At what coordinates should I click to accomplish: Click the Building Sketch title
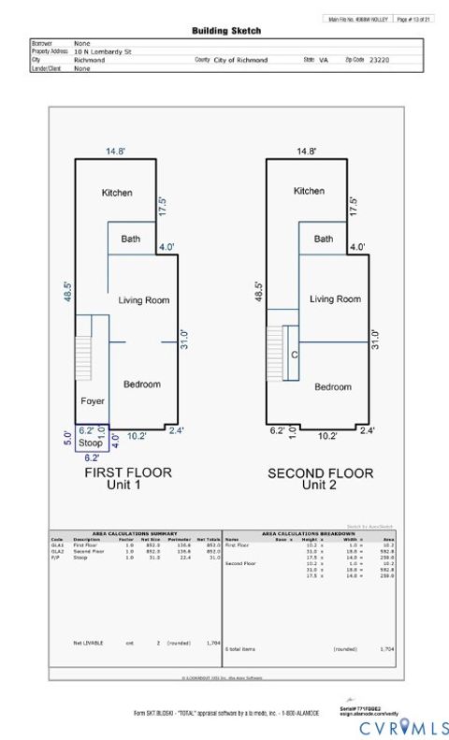[x=226, y=31]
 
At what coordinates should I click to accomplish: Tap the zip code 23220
[x=379, y=59]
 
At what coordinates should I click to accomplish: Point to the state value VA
[x=324, y=59]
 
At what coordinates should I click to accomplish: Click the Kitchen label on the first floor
[x=117, y=193]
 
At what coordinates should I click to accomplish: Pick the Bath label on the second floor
[x=323, y=239]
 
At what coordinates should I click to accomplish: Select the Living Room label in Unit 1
[x=143, y=300]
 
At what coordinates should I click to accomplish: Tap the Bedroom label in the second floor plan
[x=332, y=387]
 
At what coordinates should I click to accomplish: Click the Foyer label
[x=92, y=401]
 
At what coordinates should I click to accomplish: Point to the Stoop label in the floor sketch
[x=90, y=443]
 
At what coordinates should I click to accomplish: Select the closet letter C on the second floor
[x=294, y=355]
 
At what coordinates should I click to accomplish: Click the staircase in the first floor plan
[x=83, y=357]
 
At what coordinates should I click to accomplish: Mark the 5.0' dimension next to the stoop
[x=66, y=436]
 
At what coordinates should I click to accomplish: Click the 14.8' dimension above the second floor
[x=306, y=151]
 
